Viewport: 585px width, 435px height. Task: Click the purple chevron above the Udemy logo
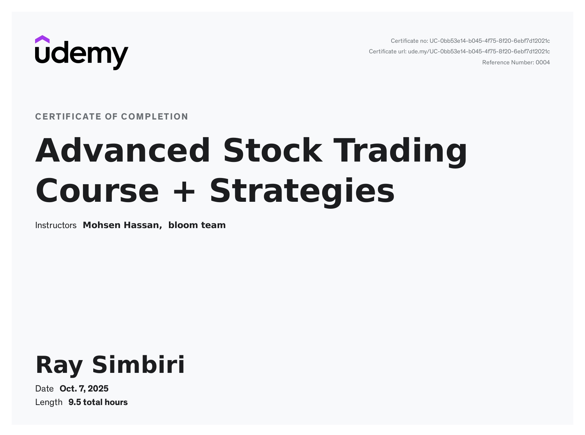(x=42, y=39)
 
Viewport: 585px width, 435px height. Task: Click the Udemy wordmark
(x=82, y=56)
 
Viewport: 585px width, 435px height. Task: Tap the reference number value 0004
(x=543, y=63)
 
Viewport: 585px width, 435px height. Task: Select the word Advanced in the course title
(x=122, y=150)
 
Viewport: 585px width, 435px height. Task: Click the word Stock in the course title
(x=273, y=150)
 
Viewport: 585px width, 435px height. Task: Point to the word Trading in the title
(x=400, y=152)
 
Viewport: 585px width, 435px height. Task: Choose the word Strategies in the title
(x=302, y=193)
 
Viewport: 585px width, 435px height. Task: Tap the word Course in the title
(x=97, y=191)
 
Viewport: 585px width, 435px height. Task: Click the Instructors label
(x=56, y=225)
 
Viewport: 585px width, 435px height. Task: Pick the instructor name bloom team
(x=197, y=225)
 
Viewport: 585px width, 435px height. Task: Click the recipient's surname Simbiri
(x=138, y=364)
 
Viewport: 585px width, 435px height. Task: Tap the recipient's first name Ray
(x=59, y=366)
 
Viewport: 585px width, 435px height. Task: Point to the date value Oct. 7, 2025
(x=84, y=389)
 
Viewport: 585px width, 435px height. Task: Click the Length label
(x=49, y=402)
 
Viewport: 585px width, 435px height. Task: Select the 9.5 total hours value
(x=98, y=402)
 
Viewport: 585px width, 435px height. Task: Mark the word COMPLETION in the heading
(x=155, y=117)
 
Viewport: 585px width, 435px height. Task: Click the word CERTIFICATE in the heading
(x=68, y=117)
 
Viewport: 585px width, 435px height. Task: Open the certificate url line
(x=459, y=52)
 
